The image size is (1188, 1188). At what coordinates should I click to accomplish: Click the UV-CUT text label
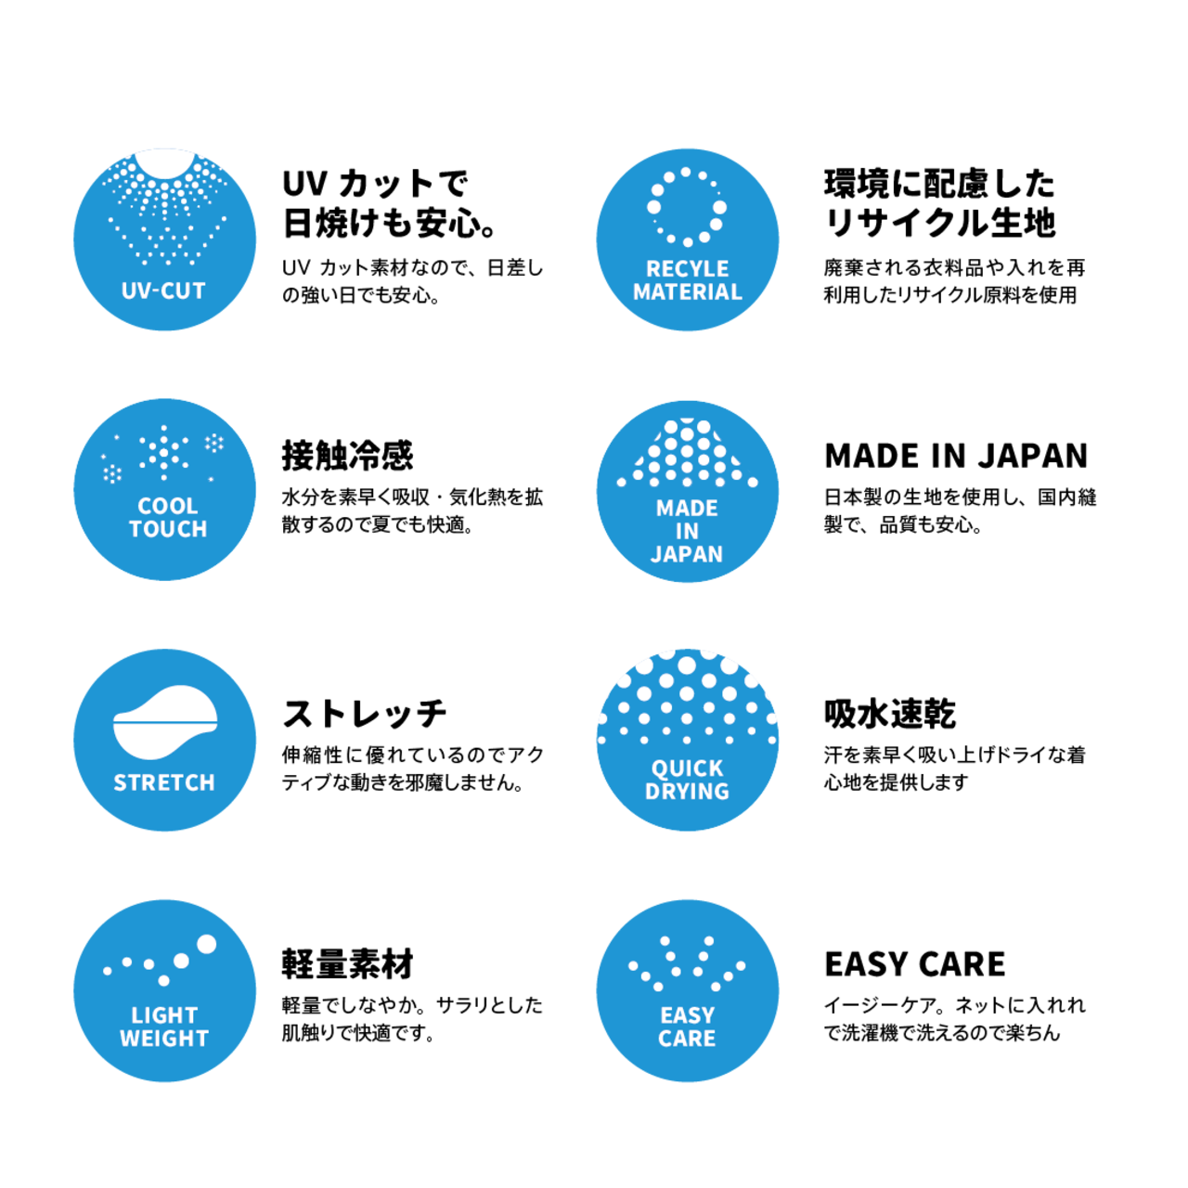point(163,291)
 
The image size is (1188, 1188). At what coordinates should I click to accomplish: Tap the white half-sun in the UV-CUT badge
point(165,161)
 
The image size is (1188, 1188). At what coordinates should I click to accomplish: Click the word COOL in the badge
point(167,506)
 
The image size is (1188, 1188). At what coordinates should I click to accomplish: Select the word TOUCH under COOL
point(167,529)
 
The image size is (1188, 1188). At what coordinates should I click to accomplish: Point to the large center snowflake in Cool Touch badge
point(164,453)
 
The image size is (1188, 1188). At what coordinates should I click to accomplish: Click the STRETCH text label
point(164,783)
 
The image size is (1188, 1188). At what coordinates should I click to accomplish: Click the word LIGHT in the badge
point(164,1015)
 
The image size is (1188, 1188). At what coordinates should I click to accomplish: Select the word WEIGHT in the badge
point(164,1039)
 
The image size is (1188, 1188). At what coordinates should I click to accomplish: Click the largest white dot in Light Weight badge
point(206,944)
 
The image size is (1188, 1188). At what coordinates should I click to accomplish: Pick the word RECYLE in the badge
point(687,269)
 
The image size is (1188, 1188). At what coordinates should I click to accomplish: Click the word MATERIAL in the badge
point(687,291)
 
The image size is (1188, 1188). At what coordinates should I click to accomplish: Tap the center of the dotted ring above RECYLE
point(687,207)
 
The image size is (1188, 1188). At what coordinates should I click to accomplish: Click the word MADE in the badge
point(687,509)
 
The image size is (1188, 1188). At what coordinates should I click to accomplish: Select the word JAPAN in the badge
point(687,554)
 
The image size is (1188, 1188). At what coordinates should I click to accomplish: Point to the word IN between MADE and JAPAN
point(687,531)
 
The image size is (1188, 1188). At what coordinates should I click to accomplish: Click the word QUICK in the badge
point(687,768)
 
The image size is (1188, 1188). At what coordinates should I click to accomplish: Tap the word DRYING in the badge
point(687,792)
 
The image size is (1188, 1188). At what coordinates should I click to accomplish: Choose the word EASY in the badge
point(687,1015)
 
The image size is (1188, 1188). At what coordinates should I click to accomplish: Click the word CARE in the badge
point(687,1039)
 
